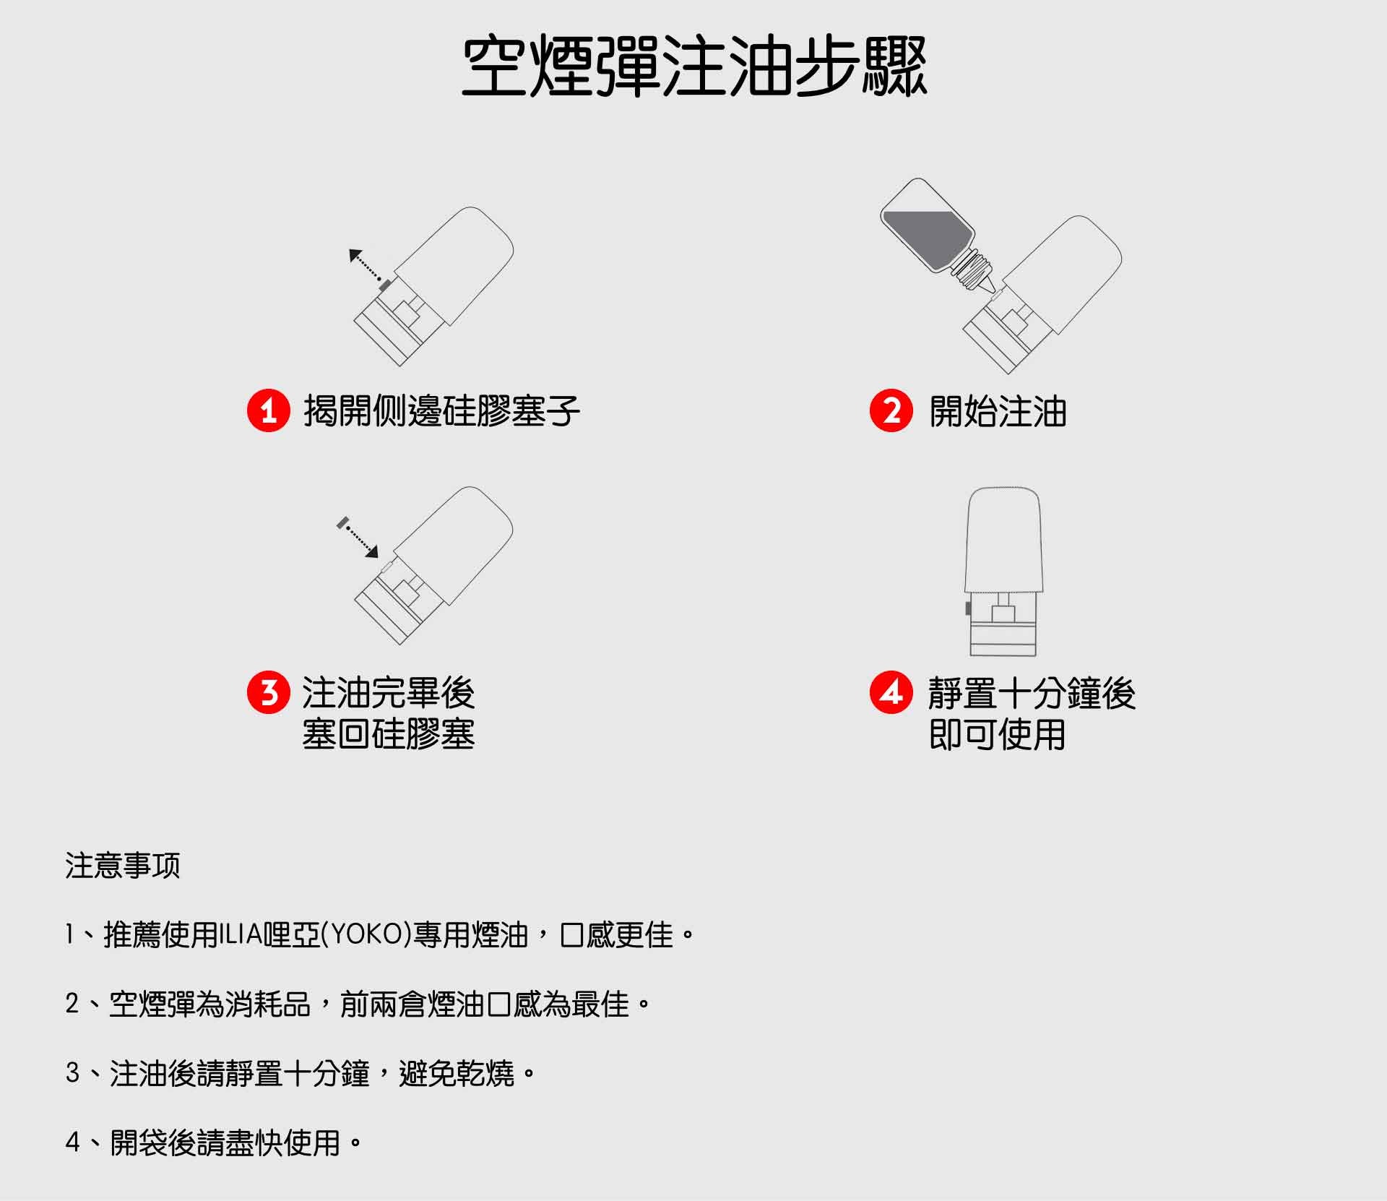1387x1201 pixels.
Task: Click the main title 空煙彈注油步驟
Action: [693, 66]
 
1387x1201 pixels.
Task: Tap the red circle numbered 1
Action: [269, 411]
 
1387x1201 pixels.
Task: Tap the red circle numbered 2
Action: [891, 411]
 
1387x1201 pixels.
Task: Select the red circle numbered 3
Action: [269, 692]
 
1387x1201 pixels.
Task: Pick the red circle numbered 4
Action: [891, 692]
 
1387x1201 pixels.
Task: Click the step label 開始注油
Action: [998, 412]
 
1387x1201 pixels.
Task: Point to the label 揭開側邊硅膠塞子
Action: [441, 412]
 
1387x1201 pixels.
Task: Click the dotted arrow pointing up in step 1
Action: [365, 266]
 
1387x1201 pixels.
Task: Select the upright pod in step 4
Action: [1004, 571]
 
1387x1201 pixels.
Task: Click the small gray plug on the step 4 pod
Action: [968, 608]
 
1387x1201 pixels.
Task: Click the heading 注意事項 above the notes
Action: [122, 865]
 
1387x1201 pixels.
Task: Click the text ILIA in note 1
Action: [241, 935]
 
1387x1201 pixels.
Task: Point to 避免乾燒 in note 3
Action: [457, 1074]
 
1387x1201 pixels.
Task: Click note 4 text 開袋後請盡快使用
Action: [225, 1143]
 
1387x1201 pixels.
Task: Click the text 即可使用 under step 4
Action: [997, 735]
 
